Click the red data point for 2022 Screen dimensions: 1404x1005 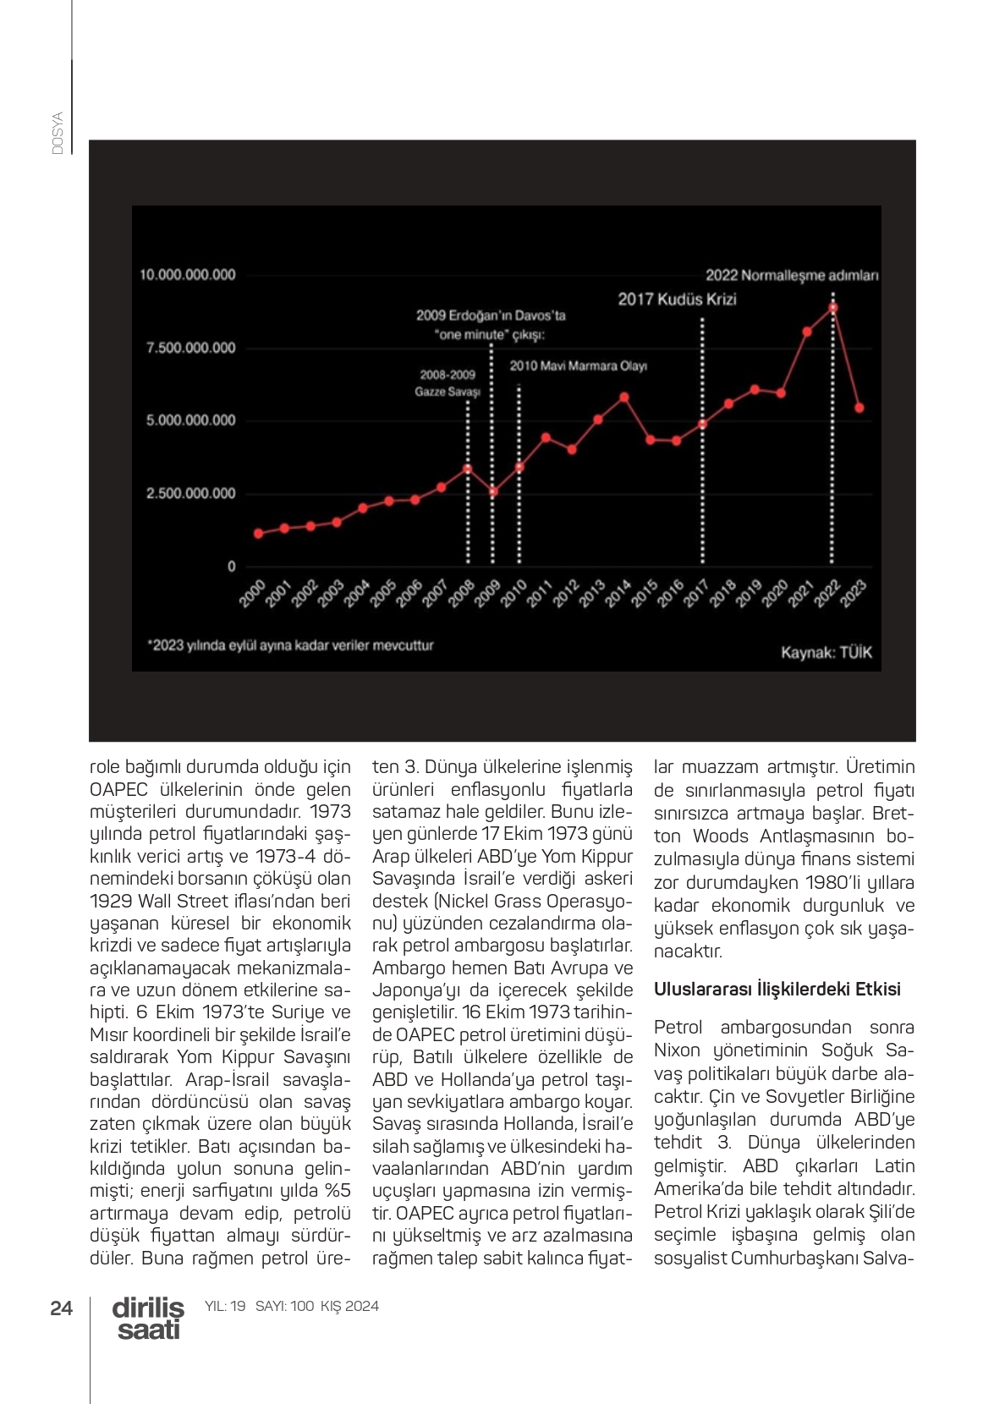[x=833, y=308]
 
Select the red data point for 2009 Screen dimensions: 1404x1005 [x=494, y=491]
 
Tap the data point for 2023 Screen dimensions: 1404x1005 [x=859, y=408]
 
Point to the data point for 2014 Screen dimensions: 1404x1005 [x=624, y=397]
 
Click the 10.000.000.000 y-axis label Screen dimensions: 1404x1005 [x=188, y=275]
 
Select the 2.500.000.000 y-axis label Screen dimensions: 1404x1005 [x=191, y=493]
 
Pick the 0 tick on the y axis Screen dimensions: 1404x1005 [x=231, y=567]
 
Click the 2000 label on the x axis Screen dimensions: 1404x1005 [x=252, y=594]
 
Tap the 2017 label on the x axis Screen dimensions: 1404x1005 [x=695, y=594]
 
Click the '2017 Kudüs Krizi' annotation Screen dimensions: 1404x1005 [x=677, y=299]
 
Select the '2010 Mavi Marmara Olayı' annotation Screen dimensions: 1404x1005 [x=578, y=366]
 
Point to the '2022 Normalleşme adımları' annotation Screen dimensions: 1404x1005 [x=792, y=275]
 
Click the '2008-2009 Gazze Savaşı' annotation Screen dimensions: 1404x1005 [x=448, y=383]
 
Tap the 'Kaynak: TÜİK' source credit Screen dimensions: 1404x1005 [x=826, y=652]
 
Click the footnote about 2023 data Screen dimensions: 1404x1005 [x=290, y=645]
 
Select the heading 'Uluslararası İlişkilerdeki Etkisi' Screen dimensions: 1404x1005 [x=777, y=989]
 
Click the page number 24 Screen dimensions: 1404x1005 [x=62, y=1308]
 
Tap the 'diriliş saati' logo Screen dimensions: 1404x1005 [x=148, y=1319]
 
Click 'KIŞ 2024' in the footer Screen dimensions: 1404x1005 [x=349, y=1306]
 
